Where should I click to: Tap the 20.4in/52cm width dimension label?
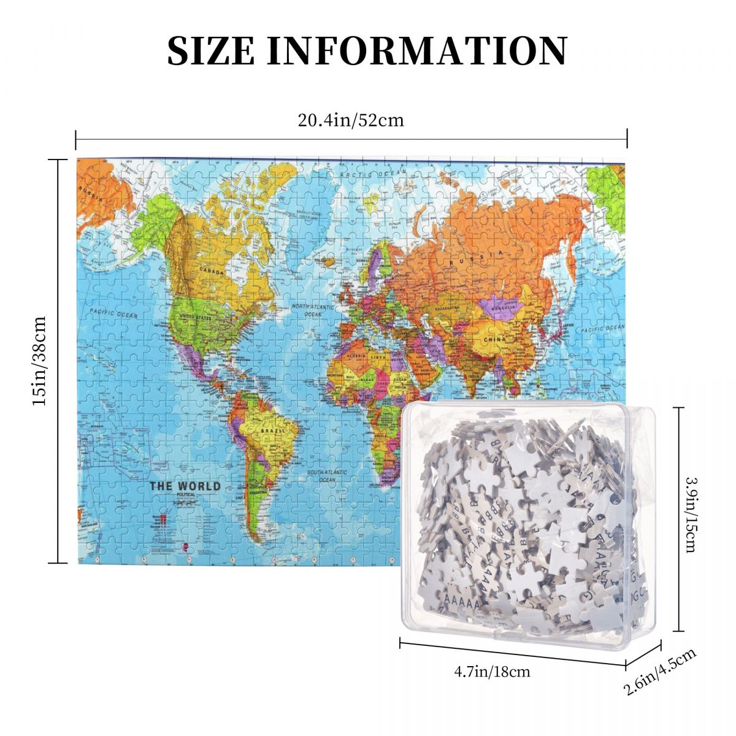point(351,120)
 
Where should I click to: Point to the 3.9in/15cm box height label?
point(691,515)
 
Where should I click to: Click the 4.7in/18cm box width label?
point(492,671)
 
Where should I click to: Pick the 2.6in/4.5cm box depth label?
point(661,672)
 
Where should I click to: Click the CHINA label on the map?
point(494,339)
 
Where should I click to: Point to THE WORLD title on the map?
point(185,486)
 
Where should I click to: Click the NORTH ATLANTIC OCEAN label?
point(313,310)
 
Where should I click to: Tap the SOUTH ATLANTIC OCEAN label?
point(327,476)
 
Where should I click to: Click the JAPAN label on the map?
point(569,326)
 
